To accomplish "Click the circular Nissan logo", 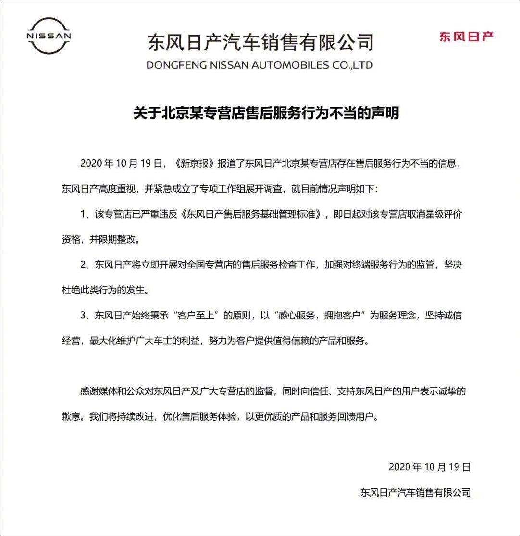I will click(49, 36).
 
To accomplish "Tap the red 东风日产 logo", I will click(466, 37).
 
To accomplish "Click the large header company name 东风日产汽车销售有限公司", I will click(260, 42).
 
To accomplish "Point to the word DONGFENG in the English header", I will click(174, 65).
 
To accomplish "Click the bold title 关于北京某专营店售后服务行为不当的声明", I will click(266, 113).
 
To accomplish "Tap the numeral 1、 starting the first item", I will click(86, 214).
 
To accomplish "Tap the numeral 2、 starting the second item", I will click(86, 265).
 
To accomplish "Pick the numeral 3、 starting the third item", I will click(86, 316).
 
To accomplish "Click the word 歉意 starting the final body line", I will click(70, 417).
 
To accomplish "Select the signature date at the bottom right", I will click(429, 467).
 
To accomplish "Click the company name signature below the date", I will click(415, 492).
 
